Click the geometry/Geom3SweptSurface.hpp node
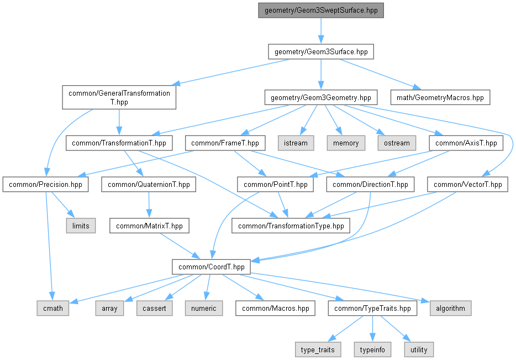pos(321,10)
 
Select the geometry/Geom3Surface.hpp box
pos(321,52)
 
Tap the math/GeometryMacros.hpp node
pos(440,97)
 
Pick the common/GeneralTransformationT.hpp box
pos(119,97)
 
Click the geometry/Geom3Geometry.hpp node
pos(321,97)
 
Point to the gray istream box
pos(296,143)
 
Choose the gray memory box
pos(346,143)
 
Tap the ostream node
pos(397,143)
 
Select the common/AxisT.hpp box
pos(466,143)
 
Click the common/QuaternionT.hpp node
pos(149,185)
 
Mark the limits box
pos(81,226)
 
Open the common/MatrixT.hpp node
pos(149,226)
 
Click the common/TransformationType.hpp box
pos(291,226)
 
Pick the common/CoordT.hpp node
pos(211,267)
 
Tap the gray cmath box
pos(53,308)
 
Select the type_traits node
pos(318,349)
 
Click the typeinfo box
pos(372,349)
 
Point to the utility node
pos(419,349)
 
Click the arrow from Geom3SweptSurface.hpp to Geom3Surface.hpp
pos(321,31)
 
